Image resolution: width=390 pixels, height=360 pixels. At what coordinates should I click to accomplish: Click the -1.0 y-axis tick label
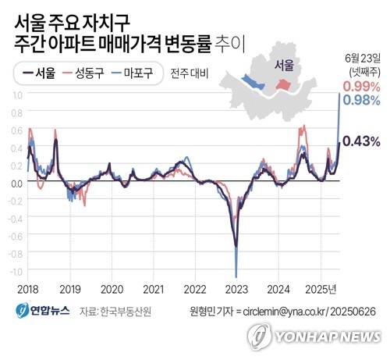[x=14, y=271]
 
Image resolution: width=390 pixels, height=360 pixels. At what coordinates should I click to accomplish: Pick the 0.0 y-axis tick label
[x=15, y=183]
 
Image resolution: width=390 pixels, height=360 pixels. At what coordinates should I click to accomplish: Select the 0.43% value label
[x=361, y=141]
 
